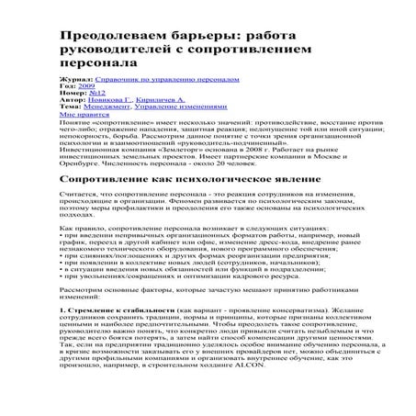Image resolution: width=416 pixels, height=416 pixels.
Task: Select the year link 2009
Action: pos(82,87)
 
